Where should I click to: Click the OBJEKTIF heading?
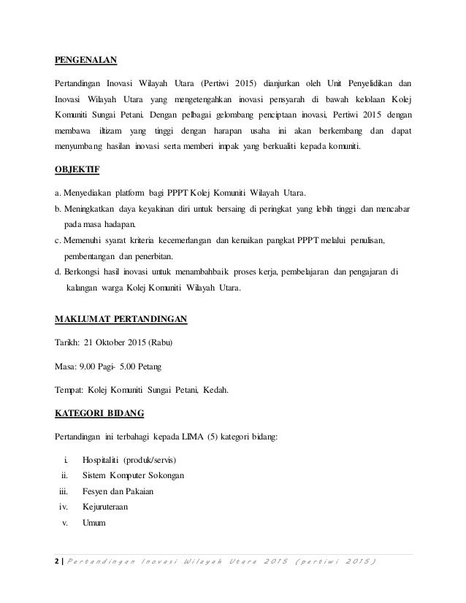tap(79, 172)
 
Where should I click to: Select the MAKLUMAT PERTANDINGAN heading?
tap(121, 319)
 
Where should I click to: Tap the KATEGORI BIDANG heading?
tap(99, 412)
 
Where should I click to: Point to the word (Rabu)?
tap(160, 342)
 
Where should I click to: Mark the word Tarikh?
tap(68, 342)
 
